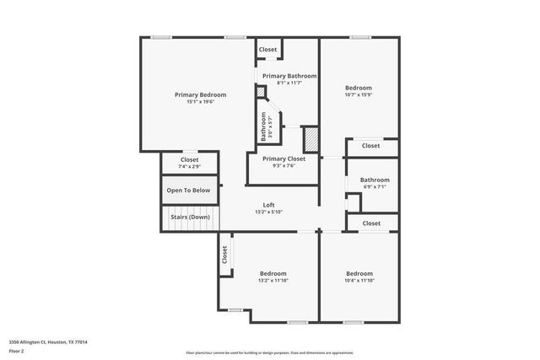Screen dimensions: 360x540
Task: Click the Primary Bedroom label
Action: (x=200, y=94)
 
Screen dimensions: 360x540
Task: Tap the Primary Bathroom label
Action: (x=287, y=76)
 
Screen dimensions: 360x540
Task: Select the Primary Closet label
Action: (x=283, y=159)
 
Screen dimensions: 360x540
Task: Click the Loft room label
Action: (x=268, y=205)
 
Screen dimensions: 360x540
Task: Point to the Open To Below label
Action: (x=188, y=191)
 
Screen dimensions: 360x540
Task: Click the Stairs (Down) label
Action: (x=190, y=217)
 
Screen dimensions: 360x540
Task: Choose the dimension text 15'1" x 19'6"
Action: (x=200, y=102)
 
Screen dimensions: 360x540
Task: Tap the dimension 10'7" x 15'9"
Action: (x=359, y=94)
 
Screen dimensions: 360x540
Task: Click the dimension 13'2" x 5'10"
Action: (x=268, y=212)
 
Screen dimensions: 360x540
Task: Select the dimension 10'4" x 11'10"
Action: (x=359, y=280)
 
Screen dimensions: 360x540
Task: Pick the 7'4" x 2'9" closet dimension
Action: (x=189, y=166)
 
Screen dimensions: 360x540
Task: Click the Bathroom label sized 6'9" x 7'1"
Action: (x=375, y=180)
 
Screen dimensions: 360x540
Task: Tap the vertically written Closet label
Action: (x=224, y=255)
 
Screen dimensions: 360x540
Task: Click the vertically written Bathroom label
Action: (x=263, y=126)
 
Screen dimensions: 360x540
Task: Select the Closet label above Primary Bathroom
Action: (x=267, y=50)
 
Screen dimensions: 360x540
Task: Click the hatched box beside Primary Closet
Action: (x=310, y=138)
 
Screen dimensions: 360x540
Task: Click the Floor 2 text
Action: (x=16, y=350)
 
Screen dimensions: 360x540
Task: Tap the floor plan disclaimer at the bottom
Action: (x=268, y=352)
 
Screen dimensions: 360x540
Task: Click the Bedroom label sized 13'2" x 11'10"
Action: (x=273, y=273)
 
